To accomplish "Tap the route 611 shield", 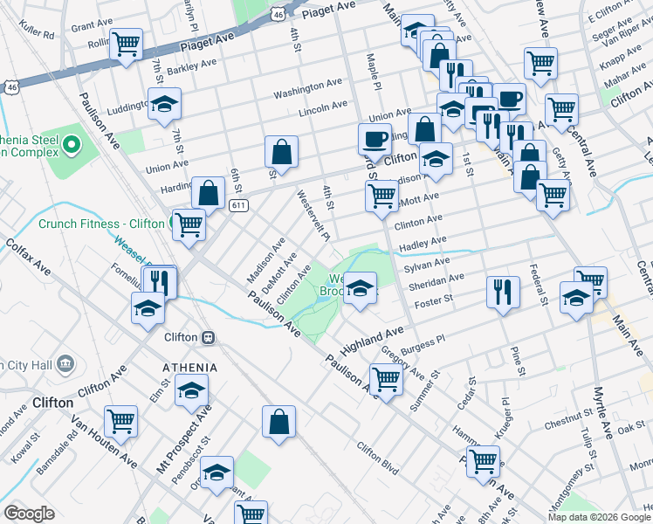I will [237, 205].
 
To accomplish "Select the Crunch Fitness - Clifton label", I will [100, 224].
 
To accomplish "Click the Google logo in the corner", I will [29, 514].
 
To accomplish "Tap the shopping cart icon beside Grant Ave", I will [127, 43].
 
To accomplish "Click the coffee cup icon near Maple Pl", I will [375, 138].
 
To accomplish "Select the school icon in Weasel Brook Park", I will [360, 287].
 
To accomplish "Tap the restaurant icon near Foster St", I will [501, 292].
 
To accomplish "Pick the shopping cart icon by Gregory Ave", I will [385, 379].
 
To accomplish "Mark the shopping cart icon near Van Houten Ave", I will [121, 421].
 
